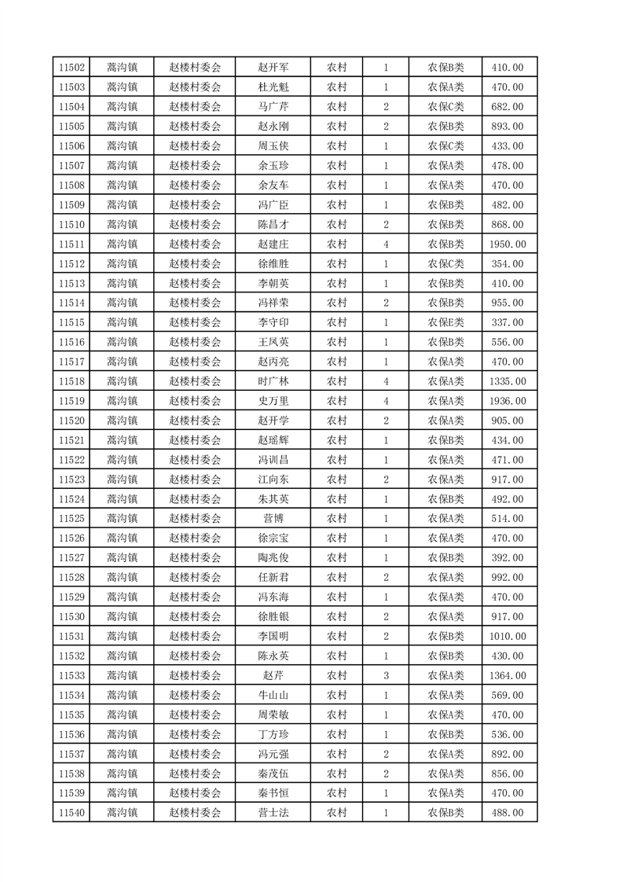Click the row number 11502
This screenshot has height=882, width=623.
[71, 68]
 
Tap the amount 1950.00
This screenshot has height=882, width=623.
[507, 244]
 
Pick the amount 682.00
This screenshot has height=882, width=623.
[507, 107]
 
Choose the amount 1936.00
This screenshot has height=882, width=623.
[507, 401]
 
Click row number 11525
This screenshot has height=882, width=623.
[71, 519]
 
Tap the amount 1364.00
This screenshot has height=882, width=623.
[507, 675]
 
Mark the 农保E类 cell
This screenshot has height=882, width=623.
[445, 322]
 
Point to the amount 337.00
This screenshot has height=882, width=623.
[507, 322]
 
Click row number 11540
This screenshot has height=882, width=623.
[71, 813]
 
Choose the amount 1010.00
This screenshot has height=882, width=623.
[507, 636]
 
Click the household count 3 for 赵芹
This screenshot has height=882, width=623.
[386, 675]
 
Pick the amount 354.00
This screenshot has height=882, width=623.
[507, 263]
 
